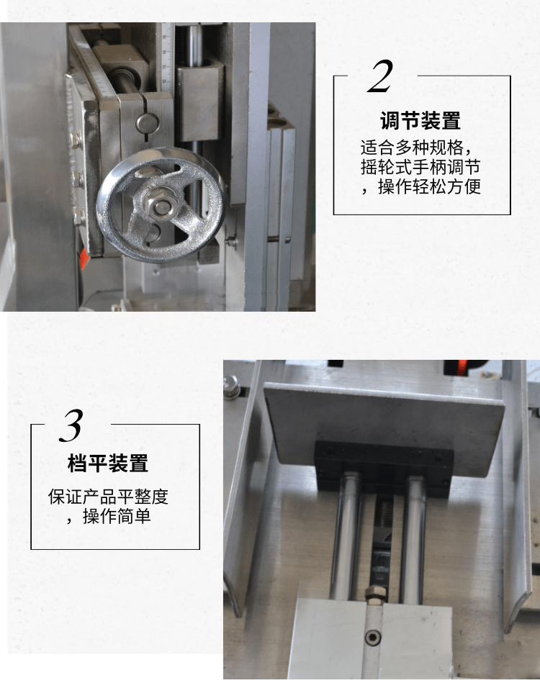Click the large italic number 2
click(380, 77)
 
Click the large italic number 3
click(71, 425)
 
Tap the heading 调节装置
click(420, 120)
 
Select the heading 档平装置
click(108, 463)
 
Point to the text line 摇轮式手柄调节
click(420, 167)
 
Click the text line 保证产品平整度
click(108, 497)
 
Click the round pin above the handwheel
click(148, 123)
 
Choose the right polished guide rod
click(413, 540)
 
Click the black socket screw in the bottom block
click(372, 638)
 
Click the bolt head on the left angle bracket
click(230, 384)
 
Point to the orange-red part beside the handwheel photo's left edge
click(84, 259)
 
